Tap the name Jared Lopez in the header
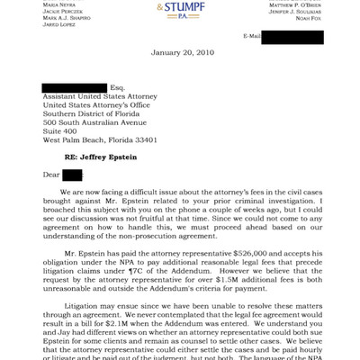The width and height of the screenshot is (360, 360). (59, 24)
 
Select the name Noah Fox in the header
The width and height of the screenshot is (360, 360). (309, 17)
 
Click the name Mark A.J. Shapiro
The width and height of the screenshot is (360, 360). (66, 17)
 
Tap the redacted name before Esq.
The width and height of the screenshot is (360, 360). (73, 87)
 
